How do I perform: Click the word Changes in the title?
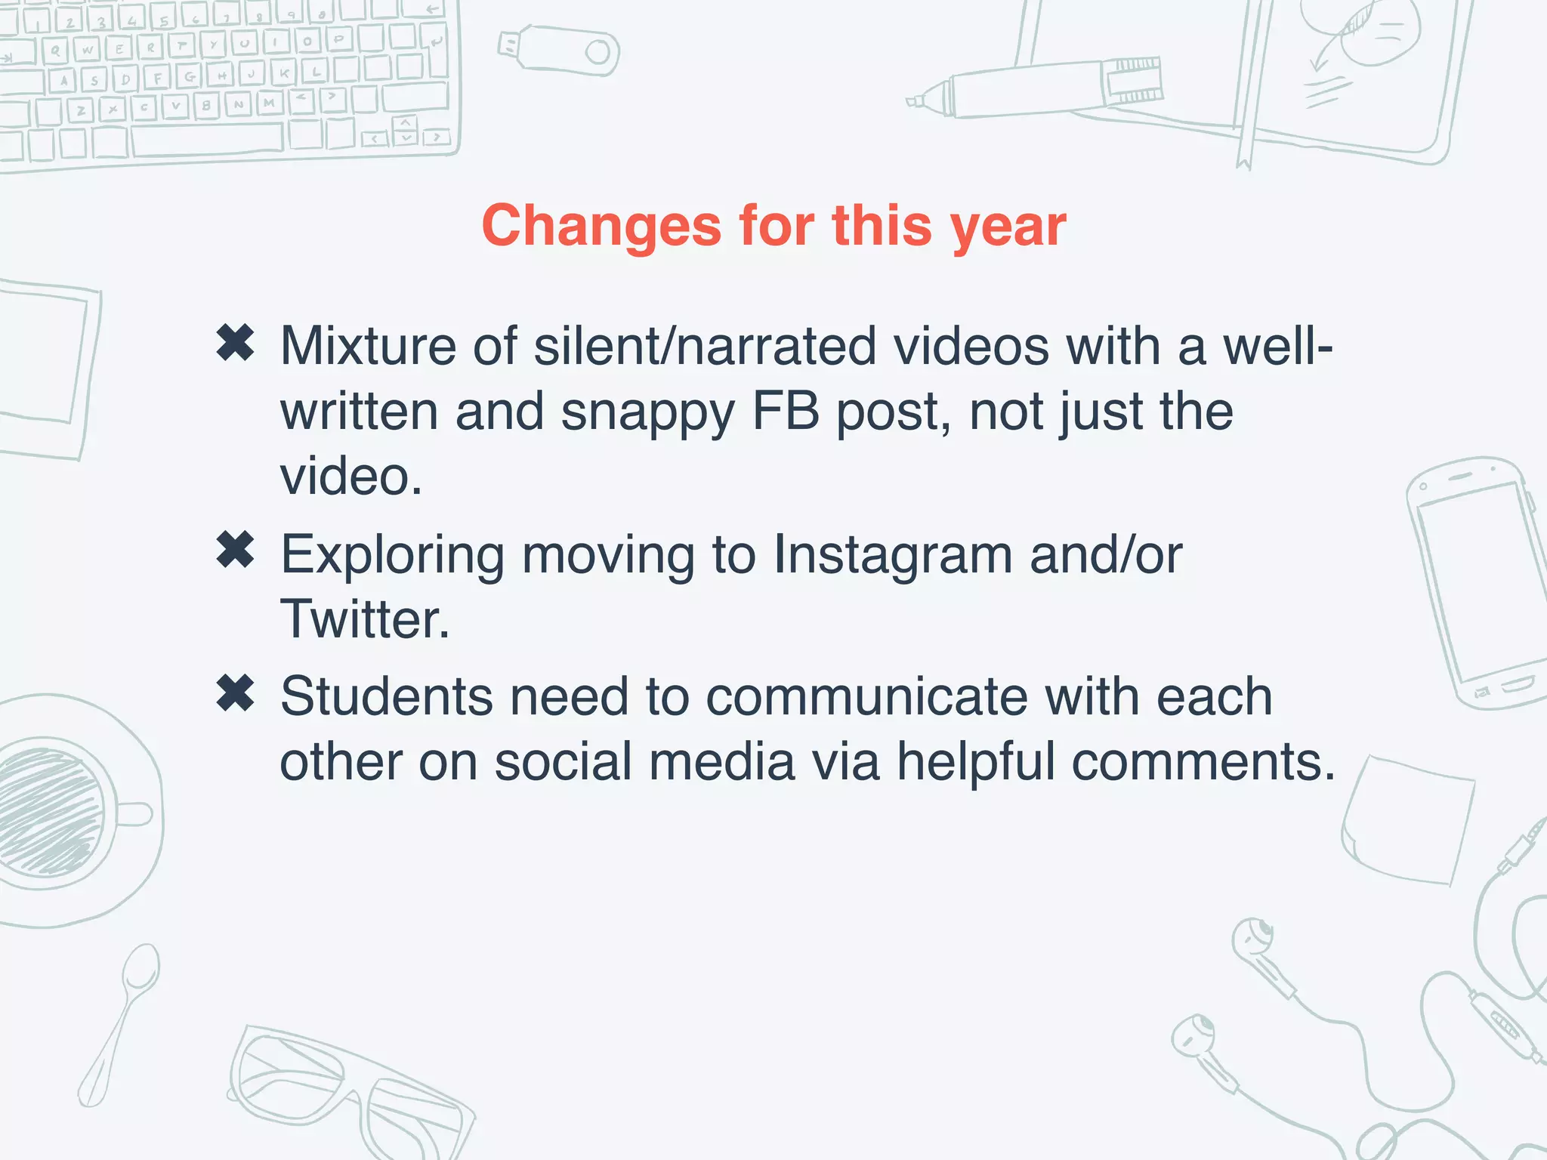601,226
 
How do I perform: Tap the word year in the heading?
1008,226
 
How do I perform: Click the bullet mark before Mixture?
235,343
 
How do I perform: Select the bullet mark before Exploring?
235,550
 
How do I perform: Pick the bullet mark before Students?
235,693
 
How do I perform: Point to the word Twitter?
364,619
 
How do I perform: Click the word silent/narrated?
705,347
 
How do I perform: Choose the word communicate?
866,696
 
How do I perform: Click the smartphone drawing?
1473,582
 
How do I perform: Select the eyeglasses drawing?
347,1087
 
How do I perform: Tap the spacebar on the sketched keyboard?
208,139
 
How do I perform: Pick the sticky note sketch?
1409,827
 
